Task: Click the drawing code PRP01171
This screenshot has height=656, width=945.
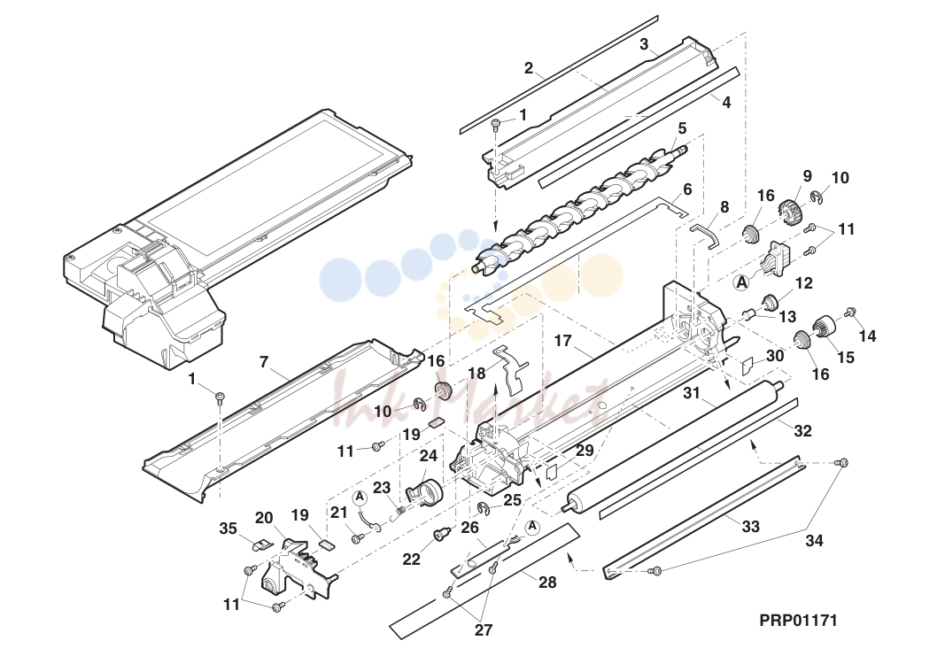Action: [x=798, y=620]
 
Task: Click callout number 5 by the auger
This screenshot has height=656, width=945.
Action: [x=682, y=127]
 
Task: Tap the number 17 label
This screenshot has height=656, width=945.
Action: [x=563, y=341]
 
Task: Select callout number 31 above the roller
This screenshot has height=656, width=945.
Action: [x=693, y=393]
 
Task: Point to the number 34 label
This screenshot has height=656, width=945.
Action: [x=814, y=541]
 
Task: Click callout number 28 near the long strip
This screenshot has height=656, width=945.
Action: [x=547, y=583]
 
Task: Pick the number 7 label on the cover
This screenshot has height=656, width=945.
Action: [x=263, y=362]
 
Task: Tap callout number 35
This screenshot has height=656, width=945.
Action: [x=228, y=529]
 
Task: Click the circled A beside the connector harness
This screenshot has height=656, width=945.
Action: [x=742, y=282]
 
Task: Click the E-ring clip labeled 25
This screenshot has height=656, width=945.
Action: [x=484, y=510]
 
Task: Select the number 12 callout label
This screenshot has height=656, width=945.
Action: [x=804, y=282]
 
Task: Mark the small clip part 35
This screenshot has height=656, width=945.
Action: [x=259, y=545]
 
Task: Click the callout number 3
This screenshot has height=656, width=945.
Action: [x=644, y=44]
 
